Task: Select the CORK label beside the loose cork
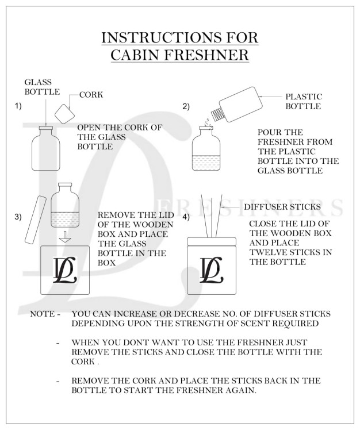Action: point(91,95)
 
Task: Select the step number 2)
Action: point(186,106)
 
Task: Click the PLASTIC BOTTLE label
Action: point(303,102)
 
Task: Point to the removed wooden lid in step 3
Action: point(34,218)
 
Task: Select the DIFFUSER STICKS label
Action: point(282,206)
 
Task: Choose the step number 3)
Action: point(18,217)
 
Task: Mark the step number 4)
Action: point(186,217)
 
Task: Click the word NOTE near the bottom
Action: point(42,314)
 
